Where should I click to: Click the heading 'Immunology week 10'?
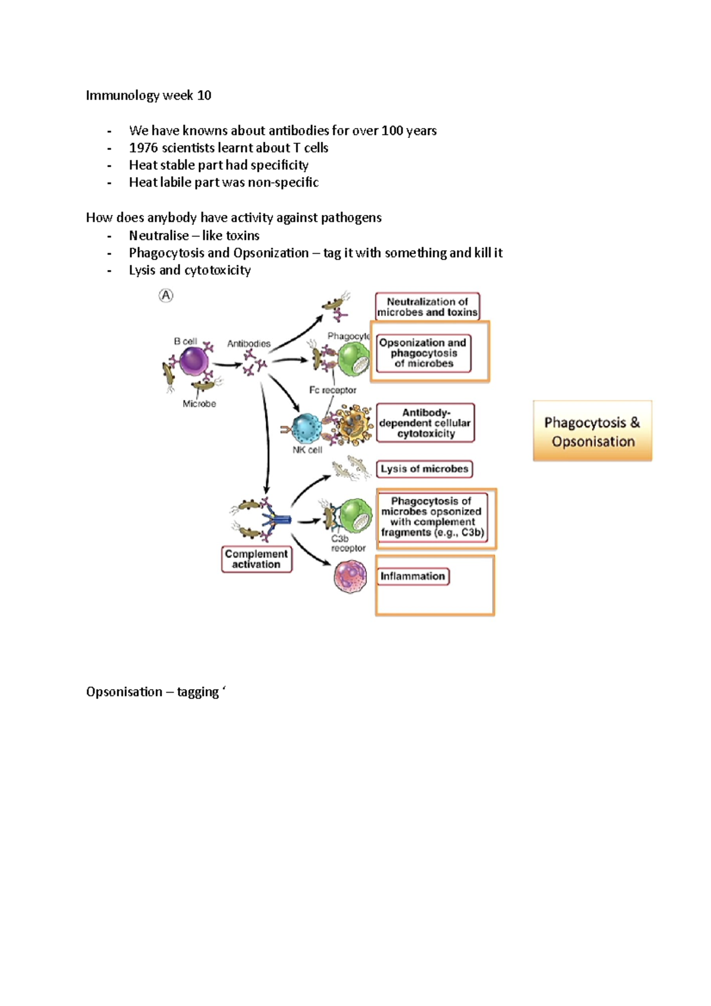click(x=148, y=95)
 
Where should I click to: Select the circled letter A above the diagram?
click(x=166, y=295)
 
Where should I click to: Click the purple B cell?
click(x=194, y=361)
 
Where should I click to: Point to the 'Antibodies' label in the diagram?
click(x=249, y=344)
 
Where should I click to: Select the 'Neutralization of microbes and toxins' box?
click(x=427, y=307)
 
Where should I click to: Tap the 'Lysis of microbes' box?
click(x=424, y=469)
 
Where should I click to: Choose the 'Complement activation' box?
click(x=257, y=559)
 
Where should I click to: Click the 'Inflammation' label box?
click(x=413, y=576)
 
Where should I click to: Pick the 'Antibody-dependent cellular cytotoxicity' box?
click(x=425, y=423)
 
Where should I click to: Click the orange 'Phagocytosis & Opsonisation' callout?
click(x=592, y=431)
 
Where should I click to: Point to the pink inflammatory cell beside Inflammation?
click(x=350, y=576)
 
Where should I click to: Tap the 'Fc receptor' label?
click(x=332, y=390)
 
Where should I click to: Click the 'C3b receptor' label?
click(x=347, y=543)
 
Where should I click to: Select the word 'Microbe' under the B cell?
click(x=199, y=403)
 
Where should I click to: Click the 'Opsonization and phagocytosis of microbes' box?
click(x=423, y=353)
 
